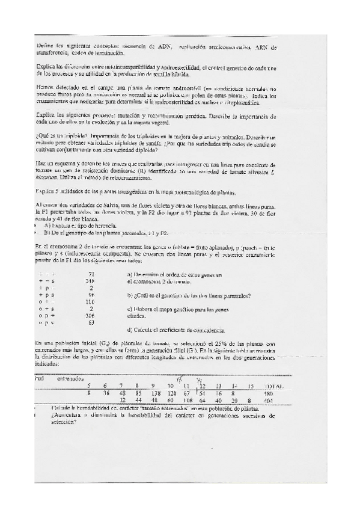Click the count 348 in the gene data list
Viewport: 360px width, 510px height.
[91, 281]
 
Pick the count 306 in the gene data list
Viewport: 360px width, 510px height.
[91, 315]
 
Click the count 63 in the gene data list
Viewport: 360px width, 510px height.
[92, 322]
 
